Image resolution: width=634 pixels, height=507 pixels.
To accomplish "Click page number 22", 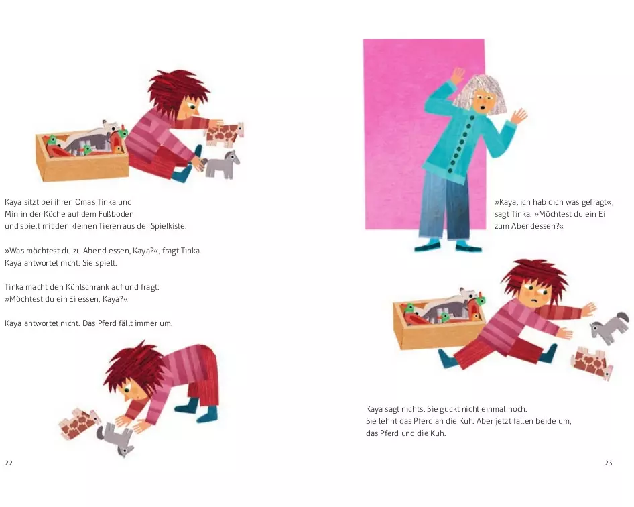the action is pos(9,463).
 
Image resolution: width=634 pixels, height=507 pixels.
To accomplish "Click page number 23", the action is pos(608,463).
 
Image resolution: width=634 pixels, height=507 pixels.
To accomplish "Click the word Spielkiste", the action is pos(169,226).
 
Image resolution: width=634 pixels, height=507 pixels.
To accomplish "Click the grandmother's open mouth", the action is pos(480,108).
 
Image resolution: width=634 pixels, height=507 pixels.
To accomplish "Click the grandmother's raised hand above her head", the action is pos(458,75).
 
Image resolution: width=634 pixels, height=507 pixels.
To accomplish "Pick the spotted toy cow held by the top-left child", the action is pos(225,133).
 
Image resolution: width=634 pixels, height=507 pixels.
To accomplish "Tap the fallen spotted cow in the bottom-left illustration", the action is pos(78,423).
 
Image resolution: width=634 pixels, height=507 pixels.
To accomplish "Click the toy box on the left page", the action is pos(82,156).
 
